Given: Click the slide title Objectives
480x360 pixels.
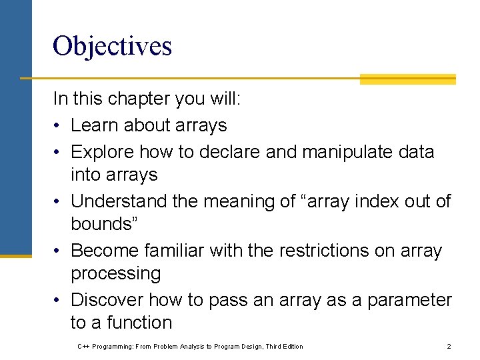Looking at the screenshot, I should click(x=112, y=46).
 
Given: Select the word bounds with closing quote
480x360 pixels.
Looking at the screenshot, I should click(x=103, y=225).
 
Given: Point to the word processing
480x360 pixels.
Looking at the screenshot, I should click(x=115, y=274).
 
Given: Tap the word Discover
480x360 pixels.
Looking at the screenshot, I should click(x=107, y=300).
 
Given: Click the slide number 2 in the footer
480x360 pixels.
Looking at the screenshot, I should click(x=449, y=346).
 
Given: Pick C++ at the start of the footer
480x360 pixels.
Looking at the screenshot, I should click(x=84, y=346).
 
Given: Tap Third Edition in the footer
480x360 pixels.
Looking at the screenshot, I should click(x=284, y=346).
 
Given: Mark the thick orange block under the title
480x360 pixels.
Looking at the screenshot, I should click(x=407, y=79).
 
